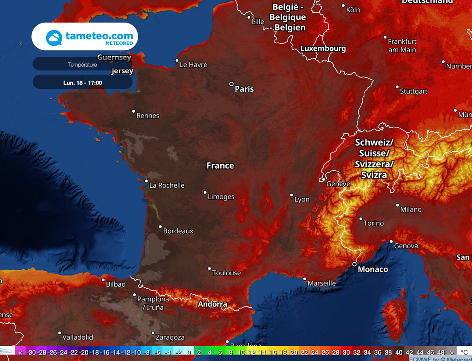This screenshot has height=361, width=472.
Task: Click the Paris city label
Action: (x=244, y=89)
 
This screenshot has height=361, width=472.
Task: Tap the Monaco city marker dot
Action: (x=354, y=264)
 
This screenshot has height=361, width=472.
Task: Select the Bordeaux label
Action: (x=178, y=231)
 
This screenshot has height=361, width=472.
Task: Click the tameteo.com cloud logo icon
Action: (x=54, y=37)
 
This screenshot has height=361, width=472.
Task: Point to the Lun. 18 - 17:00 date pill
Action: (x=83, y=83)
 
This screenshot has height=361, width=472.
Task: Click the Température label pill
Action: (x=83, y=65)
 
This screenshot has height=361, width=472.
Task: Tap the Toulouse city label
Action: (x=226, y=273)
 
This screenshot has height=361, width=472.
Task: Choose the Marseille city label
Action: (x=322, y=283)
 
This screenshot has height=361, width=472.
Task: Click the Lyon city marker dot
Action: (x=291, y=195)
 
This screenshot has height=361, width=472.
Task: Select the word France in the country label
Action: (x=220, y=166)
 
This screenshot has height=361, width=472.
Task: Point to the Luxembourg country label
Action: (x=323, y=48)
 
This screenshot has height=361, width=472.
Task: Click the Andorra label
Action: (x=212, y=304)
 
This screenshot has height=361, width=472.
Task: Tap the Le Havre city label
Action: (x=193, y=65)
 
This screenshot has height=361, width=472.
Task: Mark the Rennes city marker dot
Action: (x=134, y=111)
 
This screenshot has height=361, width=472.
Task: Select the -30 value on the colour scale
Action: (x=31, y=352)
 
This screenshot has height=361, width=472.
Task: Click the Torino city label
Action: (x=373, y=223)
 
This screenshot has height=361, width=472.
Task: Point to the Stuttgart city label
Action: (x=413, y=91)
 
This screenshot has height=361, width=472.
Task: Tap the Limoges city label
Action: (x=221, y=197)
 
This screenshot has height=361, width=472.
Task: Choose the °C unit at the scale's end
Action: (x=465, y=352)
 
